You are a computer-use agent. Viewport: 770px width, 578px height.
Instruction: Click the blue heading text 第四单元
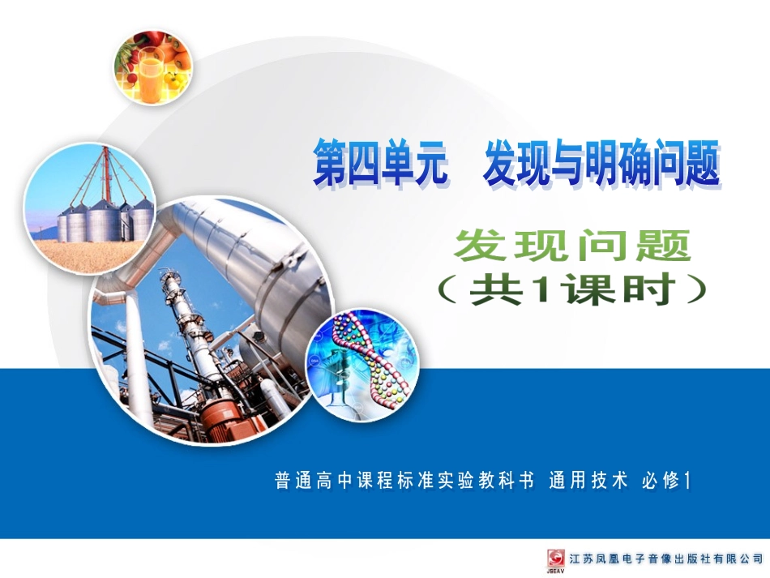(380, 165)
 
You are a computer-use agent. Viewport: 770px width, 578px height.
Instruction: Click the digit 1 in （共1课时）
(537, 291)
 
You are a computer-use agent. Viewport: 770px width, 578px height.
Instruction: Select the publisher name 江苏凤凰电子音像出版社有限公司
(665, 559)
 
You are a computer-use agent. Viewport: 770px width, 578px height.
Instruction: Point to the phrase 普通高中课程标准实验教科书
(404, 481)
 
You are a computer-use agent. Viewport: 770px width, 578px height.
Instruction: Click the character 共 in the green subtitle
(494, 291)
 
